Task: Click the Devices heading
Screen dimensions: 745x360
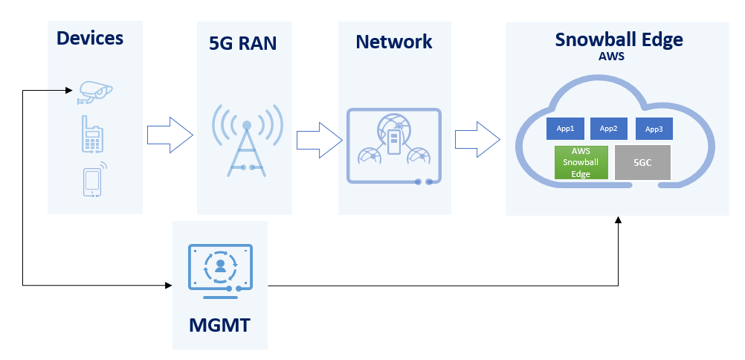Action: (90, 38)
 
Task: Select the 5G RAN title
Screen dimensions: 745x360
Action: (243, 43)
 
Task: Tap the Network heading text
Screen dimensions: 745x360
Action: (394, 42)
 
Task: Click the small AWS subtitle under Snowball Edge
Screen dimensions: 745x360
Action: (611, 57)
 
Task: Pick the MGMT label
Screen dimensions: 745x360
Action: (219, 325)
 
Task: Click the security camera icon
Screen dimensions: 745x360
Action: (95, 92)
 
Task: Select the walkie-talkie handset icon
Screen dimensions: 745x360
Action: (92, 134)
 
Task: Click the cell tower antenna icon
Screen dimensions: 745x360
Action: (247, 141)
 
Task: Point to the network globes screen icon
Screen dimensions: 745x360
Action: (394, 146)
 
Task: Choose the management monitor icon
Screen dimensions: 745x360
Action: (221, 271)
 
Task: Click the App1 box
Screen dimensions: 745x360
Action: (565, 129)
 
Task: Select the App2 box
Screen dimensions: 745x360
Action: (609, 129)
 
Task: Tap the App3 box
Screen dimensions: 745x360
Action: (654, 129)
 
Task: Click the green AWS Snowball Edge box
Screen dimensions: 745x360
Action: (581, 162)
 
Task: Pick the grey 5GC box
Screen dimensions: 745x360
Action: (642, 163)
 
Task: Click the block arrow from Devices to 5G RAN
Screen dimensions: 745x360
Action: (170, 135)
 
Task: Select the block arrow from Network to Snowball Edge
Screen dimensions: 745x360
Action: (477, 139)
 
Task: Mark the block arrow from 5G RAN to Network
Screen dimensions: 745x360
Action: (320, 140)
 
